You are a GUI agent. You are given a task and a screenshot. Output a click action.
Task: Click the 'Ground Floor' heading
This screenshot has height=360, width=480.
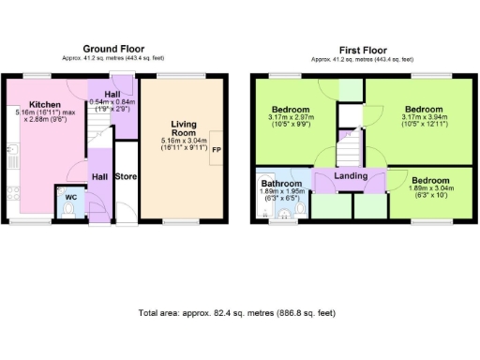pos(113,48)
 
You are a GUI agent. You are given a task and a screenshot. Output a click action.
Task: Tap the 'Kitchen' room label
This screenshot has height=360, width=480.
pos(44,105)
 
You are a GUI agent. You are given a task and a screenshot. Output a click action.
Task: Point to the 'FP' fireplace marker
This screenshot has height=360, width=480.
pos(216,150)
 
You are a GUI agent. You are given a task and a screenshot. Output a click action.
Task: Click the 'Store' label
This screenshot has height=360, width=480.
pos(125,176)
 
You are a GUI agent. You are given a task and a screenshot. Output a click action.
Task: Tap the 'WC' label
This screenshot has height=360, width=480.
pos(71,197)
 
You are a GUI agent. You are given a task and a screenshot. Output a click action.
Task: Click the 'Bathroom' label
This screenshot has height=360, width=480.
pos(281,184)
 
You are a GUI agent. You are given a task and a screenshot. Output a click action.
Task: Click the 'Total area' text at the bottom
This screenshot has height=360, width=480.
pos(236,312)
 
